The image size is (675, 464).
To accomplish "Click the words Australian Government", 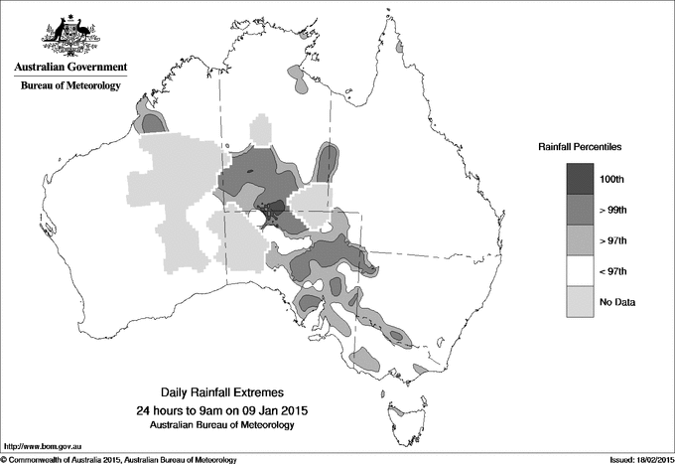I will click(x=69, y=68).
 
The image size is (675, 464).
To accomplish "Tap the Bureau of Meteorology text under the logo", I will click(x=69, y=86).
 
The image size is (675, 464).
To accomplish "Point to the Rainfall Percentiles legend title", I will click(x=580, y=147).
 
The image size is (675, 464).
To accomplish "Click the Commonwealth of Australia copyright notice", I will click(x=119, y=459).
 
